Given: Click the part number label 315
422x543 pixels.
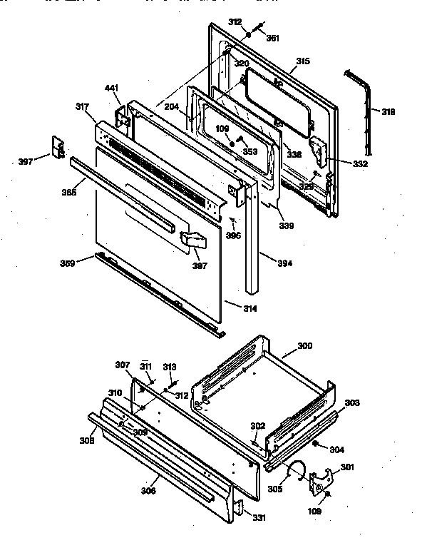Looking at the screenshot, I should click(x=303, y=61).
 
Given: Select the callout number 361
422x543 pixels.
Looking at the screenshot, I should click(x=272, y=39).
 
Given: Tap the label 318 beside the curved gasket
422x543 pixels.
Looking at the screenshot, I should click(x=388, y=112).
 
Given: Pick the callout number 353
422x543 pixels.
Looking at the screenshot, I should click(x=249, y=151).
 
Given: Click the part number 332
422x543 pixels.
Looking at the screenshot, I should click(x=360, y=164).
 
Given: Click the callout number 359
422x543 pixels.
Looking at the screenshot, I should click(x=68, y=263).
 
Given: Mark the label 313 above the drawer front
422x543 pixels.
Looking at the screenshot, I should click(x=169, y=367).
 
